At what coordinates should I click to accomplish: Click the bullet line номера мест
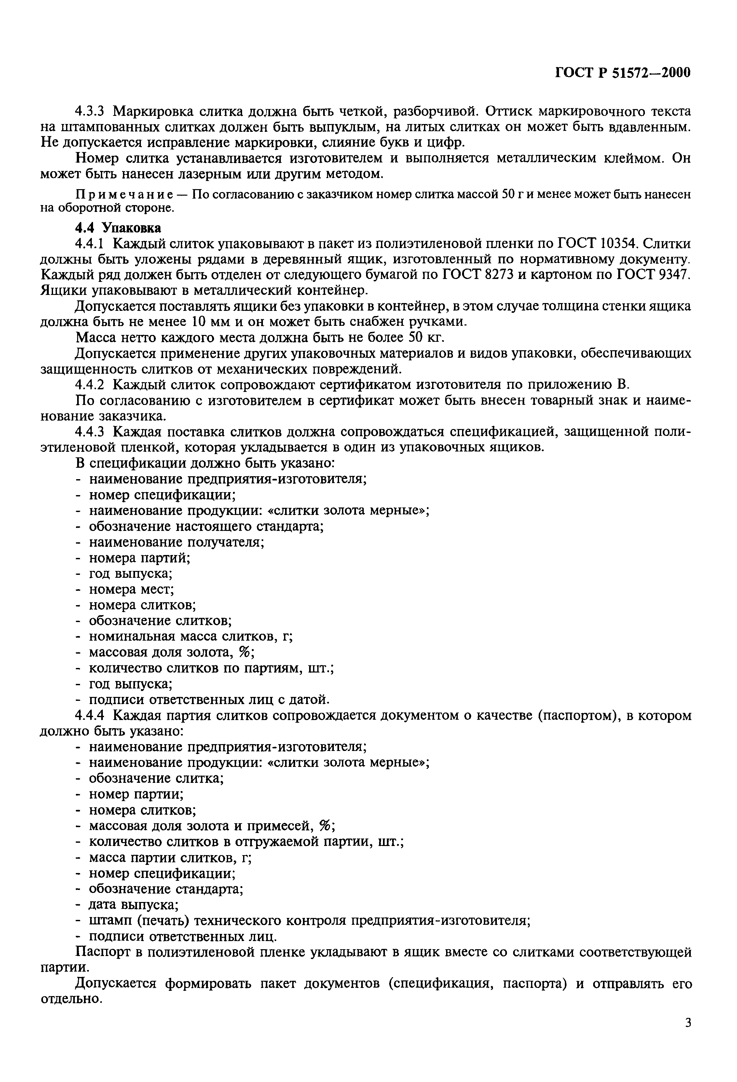coord(132,590)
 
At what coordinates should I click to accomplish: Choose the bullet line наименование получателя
coord(177,542)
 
